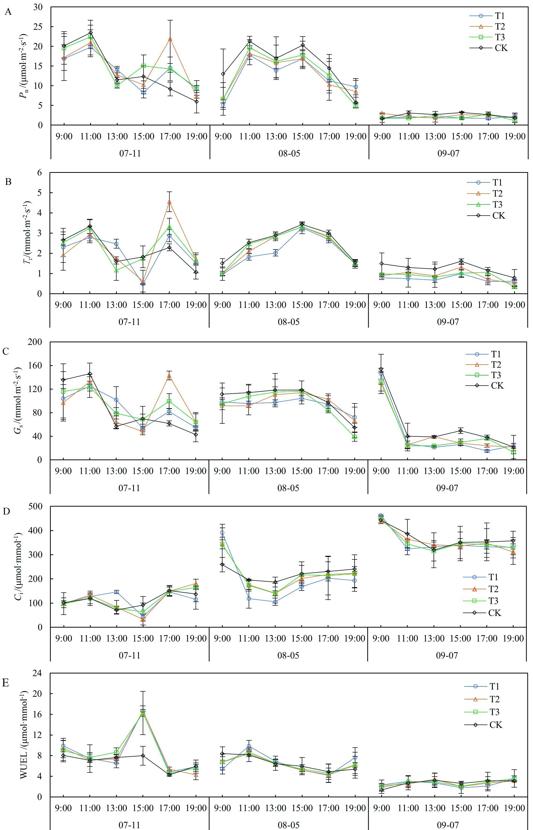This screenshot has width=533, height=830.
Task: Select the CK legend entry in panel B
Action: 498,215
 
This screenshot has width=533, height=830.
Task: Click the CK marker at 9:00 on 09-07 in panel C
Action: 381,369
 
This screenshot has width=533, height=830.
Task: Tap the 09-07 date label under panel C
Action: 447,488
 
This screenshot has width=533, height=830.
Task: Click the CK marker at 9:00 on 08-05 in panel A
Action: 223,74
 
